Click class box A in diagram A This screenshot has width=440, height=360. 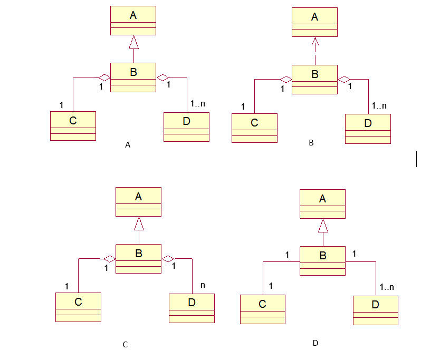click(133, 21)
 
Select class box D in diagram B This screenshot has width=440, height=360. click(368, 129)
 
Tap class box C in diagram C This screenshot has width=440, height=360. click(78, 307)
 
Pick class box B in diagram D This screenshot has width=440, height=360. click(323, 260)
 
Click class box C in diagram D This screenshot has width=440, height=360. click(262, 309)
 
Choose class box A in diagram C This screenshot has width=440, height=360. click(138, 202)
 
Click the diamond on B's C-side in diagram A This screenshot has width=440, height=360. click(104, 77)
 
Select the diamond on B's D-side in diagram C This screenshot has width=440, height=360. click(168, 259)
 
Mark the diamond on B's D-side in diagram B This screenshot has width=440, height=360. click(344, 80)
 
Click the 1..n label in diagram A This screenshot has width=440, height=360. click(197, 103)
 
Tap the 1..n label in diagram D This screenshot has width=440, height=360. click(387, 288)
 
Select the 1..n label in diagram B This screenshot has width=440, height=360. click(379, 105)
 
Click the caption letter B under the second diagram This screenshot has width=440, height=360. click(311, 142)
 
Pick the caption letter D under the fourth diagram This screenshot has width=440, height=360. click(315, 343)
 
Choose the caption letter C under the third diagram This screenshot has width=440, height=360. click(125, 345)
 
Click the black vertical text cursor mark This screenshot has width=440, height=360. click(417, 159)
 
